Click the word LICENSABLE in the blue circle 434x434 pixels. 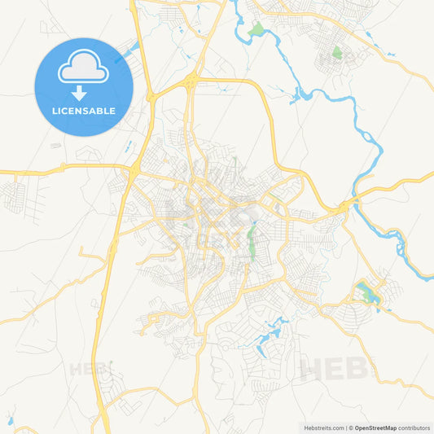[x=84, y=111]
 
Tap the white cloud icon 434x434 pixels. [x=84, y=71]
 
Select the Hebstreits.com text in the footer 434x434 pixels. [x=322, y=427]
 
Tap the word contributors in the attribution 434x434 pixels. [x=414, y=427]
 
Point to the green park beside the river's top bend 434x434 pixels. [x=257, y=30]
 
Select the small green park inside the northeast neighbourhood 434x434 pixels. [x=337, y=54]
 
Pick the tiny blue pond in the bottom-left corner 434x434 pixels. [x=11, y=421]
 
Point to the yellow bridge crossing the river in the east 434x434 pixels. [x=351, y=202]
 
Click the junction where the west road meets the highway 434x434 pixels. [x=131, y=170]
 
